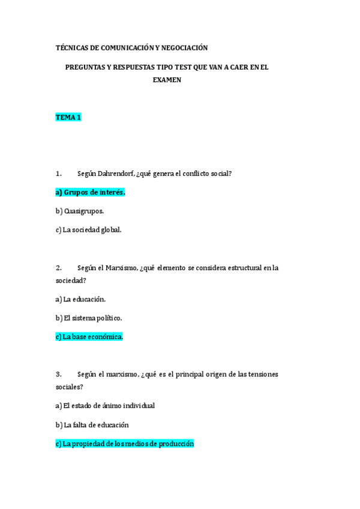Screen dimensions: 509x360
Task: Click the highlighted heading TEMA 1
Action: [x=68, y=117]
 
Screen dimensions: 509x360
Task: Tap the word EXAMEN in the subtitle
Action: [x=167, y=79]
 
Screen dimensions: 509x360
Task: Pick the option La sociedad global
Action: [x=88, y=229]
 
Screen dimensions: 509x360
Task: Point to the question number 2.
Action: [x=59, y=268]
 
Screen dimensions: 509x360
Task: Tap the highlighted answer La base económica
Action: [x=89, y=337]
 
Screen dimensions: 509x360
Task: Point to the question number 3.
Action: [x=59, y=374]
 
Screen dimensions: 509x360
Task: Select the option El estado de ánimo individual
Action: [x=104, y=406]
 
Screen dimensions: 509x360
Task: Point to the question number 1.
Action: [x=59, y=173]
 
